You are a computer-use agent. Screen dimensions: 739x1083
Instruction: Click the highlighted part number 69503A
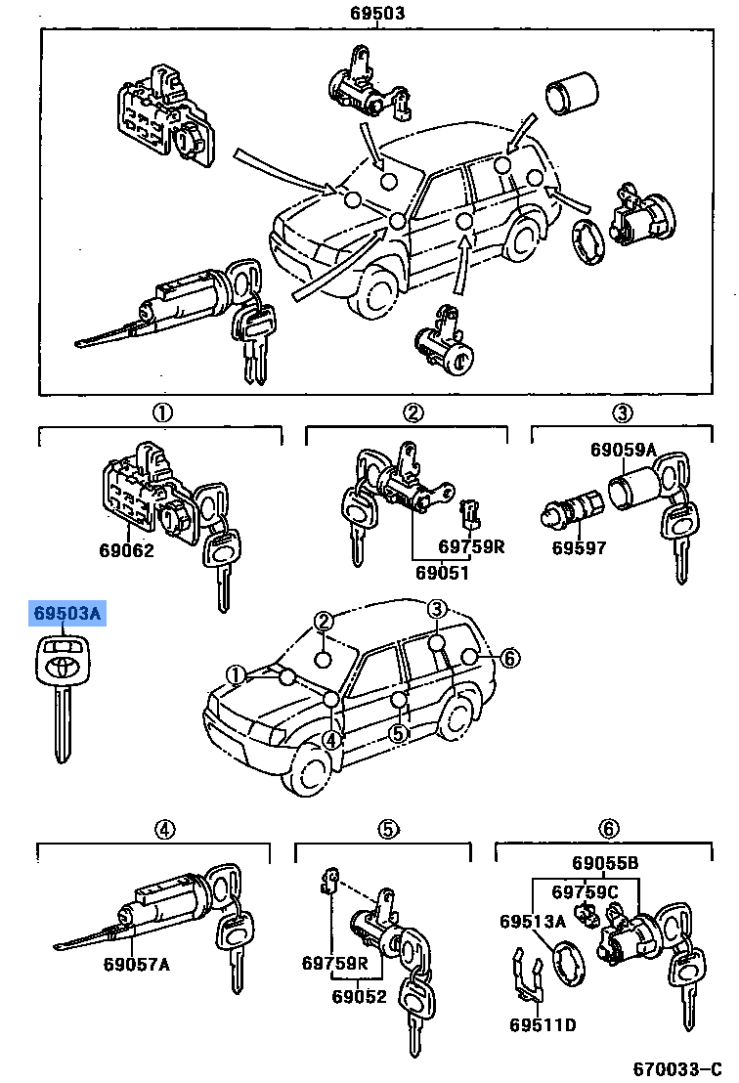click(67, 613)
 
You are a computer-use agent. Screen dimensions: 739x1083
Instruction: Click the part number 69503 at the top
click(377, 13)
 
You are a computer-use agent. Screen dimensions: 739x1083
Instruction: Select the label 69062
click(126, 550)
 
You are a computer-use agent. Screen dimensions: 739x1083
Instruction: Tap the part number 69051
click(442, 573)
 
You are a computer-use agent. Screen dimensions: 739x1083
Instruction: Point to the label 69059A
click(623, 450)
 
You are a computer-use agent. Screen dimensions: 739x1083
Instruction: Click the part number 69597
click(579, 547)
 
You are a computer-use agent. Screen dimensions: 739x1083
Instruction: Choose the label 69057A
click(136, 964)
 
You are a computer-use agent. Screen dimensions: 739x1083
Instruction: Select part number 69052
click(359, 997)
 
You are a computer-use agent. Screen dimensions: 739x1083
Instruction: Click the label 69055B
click(605, 863)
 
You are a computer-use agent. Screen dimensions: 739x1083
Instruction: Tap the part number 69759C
click(585, 891)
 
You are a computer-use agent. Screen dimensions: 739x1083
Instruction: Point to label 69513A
click(533, 922)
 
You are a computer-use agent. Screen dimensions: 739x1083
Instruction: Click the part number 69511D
click(543, 1024)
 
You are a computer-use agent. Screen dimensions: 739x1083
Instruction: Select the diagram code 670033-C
click(677, 1069)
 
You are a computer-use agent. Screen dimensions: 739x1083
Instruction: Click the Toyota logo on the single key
click(63, 667)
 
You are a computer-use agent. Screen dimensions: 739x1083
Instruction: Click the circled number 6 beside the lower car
click(509, 658)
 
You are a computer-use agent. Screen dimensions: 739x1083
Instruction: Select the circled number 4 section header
click(164, 830)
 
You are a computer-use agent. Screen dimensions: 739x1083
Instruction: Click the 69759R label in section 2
click(471, 546)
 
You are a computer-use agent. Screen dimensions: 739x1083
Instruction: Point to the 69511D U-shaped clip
click(528, 975)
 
